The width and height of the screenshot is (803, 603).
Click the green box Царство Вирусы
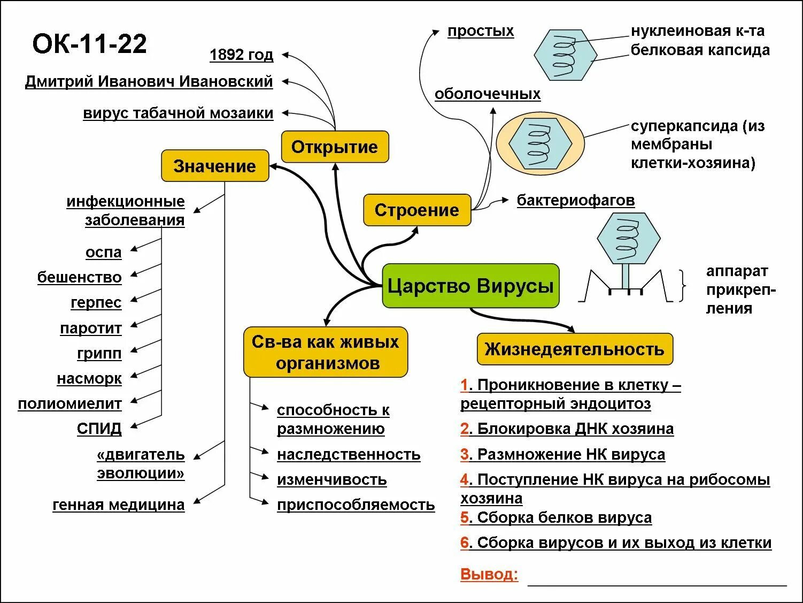click(470, 286)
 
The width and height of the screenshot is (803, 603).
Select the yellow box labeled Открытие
click(335, 147)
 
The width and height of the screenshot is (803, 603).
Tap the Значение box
click(215, 166)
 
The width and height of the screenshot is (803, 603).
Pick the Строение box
click(416, 210)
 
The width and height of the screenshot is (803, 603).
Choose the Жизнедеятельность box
click(574, 349)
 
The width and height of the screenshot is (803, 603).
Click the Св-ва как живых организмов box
click(325, 352)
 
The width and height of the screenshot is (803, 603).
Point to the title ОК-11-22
click(89, 44)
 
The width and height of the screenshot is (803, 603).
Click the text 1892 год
click(241, 55)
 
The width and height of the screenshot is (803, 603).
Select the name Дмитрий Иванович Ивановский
click(149, 81)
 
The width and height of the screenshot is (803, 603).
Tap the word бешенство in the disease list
click(79, 277)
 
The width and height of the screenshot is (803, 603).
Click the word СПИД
click(99, 429)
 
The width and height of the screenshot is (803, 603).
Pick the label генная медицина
click(118, 505)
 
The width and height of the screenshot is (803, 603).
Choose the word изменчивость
click(331, 479)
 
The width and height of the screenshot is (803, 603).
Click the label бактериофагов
click(575, 200)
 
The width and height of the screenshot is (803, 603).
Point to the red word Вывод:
click(489, 575)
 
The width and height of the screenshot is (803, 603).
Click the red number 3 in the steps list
click(465, 454)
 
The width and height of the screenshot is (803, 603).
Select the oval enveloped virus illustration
click(541, 143)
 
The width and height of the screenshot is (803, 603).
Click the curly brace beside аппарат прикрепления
click(683, 286)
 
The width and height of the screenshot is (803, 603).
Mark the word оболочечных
click(487, 94)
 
